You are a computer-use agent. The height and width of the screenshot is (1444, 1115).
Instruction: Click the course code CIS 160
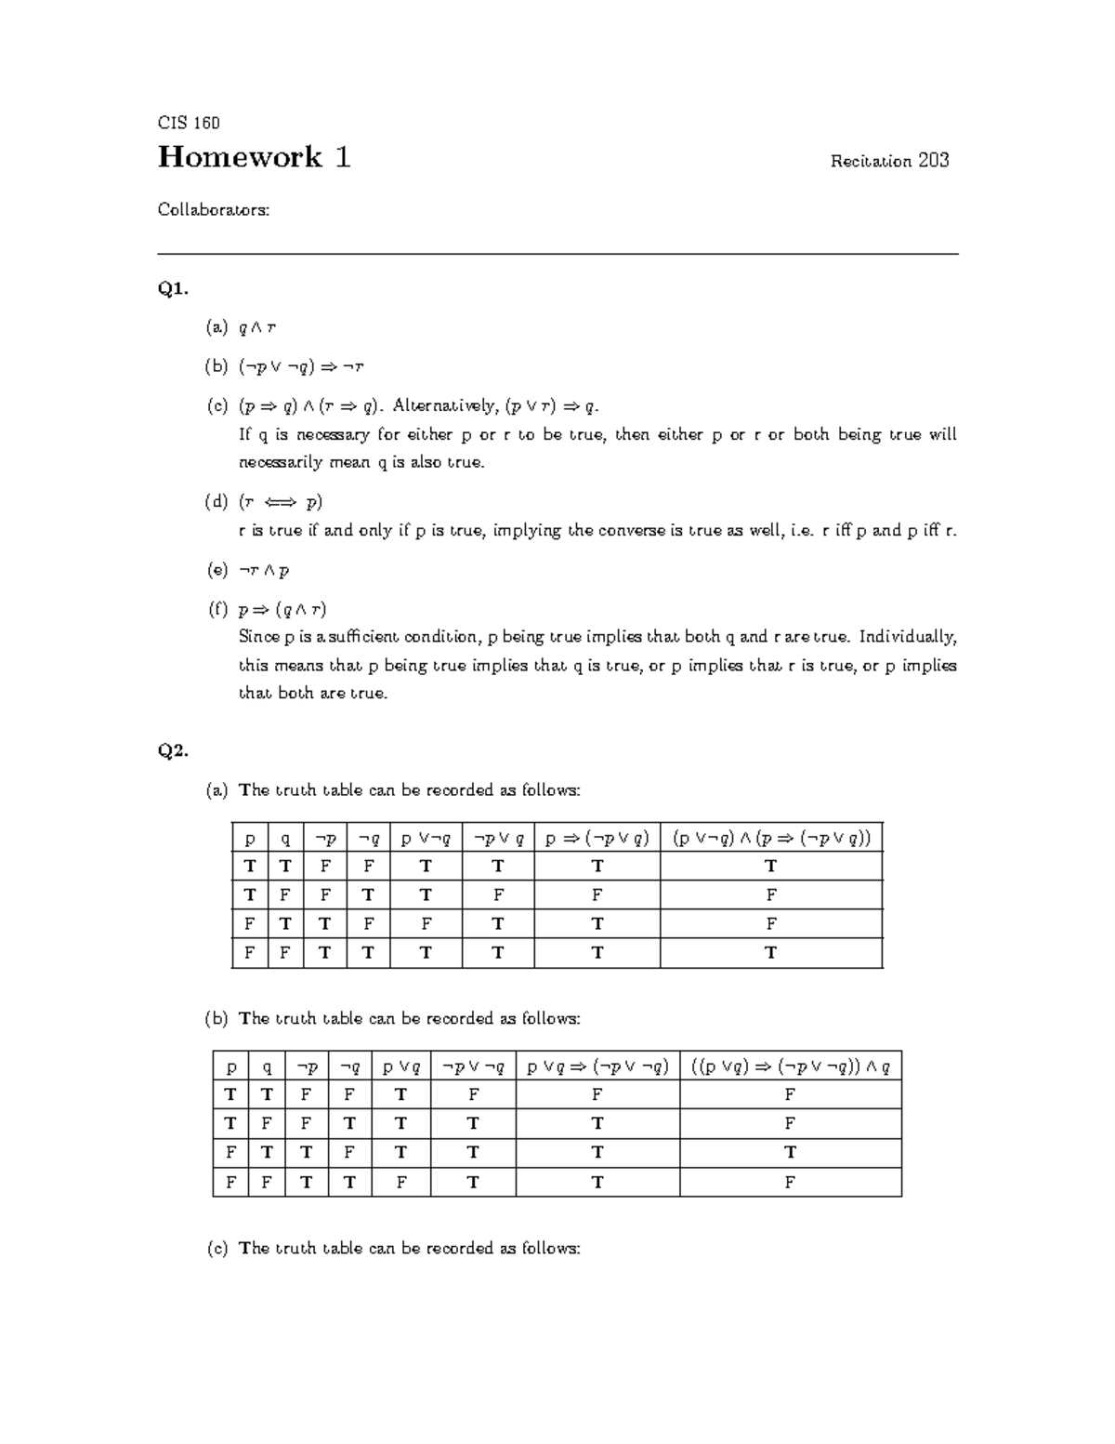189,123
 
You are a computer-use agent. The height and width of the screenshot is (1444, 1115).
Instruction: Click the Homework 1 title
254,157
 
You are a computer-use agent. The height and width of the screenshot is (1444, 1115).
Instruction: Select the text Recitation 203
889,161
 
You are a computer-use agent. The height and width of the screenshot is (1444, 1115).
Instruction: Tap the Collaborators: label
214,210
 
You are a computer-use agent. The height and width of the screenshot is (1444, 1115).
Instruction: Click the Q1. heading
173,289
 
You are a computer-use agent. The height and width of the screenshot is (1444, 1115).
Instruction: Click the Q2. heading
173,751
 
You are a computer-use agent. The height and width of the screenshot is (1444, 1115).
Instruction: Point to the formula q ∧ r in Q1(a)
257,327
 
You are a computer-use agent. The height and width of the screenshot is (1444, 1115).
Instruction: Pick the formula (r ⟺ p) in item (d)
281,502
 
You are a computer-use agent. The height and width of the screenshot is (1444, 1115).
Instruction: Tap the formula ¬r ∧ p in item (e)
264,570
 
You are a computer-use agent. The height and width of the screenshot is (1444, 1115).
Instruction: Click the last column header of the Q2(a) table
771,839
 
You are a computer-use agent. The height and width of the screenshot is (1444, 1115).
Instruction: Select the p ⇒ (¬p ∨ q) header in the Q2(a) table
597,839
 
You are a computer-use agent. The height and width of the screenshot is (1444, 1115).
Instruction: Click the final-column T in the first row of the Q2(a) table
770,867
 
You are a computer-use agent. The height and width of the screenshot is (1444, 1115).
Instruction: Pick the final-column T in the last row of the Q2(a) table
770,953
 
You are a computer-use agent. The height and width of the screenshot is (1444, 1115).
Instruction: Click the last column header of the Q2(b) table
790,1067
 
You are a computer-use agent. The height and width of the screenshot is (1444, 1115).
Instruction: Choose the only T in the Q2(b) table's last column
790,1153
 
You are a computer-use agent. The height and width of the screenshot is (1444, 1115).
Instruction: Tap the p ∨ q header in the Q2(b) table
400,1067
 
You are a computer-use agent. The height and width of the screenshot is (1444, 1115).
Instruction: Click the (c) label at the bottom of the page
216,1249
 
